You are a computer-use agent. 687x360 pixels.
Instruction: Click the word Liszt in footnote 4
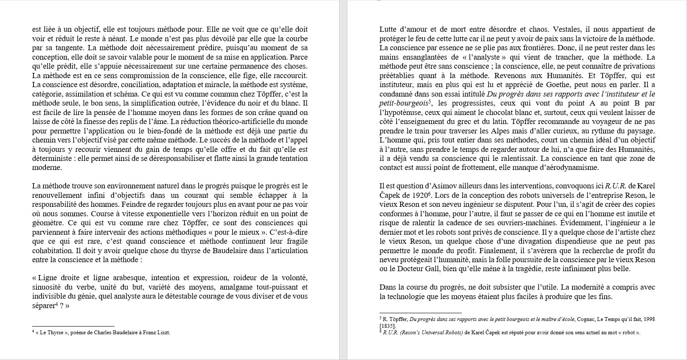(163, 333)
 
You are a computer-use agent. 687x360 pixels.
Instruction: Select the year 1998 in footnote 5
(648, 319)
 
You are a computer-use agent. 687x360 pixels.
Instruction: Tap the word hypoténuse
(406, 112)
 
